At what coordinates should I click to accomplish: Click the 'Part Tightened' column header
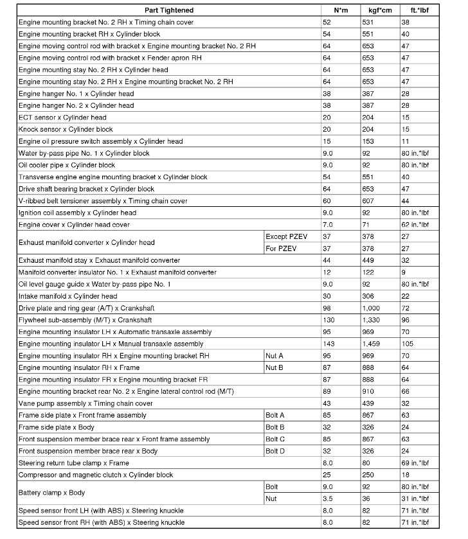169,10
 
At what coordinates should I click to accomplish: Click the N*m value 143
329,344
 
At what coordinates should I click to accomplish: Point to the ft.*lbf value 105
408,344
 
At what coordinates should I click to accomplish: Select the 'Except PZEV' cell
287,236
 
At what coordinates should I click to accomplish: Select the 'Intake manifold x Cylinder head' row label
68,296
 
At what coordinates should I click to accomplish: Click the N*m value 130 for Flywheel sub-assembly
329,320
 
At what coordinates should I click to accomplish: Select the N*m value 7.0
327,225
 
